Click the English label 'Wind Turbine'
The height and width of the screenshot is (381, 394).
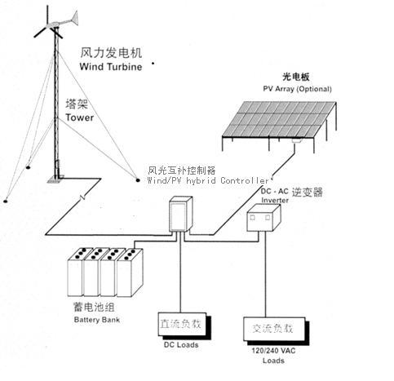coord(113,65)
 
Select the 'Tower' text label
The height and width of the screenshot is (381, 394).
coord(81,117)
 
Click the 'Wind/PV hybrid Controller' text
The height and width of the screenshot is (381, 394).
coord(208,180)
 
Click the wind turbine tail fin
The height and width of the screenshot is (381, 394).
coord(72,16)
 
